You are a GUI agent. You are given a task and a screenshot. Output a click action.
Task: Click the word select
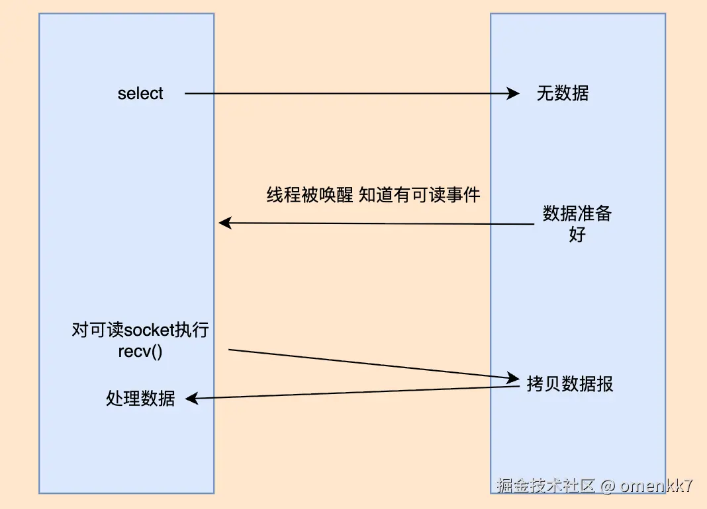(140, 93)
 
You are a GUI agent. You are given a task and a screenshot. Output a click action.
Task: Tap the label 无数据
(562, 93)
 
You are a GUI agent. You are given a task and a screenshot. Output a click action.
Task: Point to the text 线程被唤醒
(310, 195)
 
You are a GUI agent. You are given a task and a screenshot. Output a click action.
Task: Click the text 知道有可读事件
(419, 195)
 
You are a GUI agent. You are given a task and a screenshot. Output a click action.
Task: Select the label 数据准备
(577, 213)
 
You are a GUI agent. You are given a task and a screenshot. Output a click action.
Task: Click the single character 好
(577, 234)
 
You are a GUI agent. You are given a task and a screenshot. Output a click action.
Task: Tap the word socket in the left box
(149, 330)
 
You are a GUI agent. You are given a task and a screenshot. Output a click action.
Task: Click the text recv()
(140, 352)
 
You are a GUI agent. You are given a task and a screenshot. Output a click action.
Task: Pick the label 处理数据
(140, 398)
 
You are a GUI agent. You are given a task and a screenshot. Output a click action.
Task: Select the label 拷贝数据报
(570, 384)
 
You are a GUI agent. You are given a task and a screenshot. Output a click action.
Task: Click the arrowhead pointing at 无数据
(513, 93)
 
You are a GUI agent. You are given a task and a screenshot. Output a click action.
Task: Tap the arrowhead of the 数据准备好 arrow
(225, 223)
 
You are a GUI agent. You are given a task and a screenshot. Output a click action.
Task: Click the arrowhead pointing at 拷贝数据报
(513, 377)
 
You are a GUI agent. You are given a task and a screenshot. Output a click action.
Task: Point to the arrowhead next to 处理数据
(192, 398)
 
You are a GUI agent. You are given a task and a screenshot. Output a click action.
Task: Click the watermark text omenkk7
(656, 485)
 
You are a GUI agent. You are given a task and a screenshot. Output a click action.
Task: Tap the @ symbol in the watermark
(608, 486)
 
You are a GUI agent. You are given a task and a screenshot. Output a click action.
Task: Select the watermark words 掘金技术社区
(545, 485)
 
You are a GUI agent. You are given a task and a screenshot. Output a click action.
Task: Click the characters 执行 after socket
(191, 330)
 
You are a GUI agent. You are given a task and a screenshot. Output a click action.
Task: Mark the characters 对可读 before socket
(97, 330)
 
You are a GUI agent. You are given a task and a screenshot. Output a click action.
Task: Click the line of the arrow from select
(352, 93)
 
